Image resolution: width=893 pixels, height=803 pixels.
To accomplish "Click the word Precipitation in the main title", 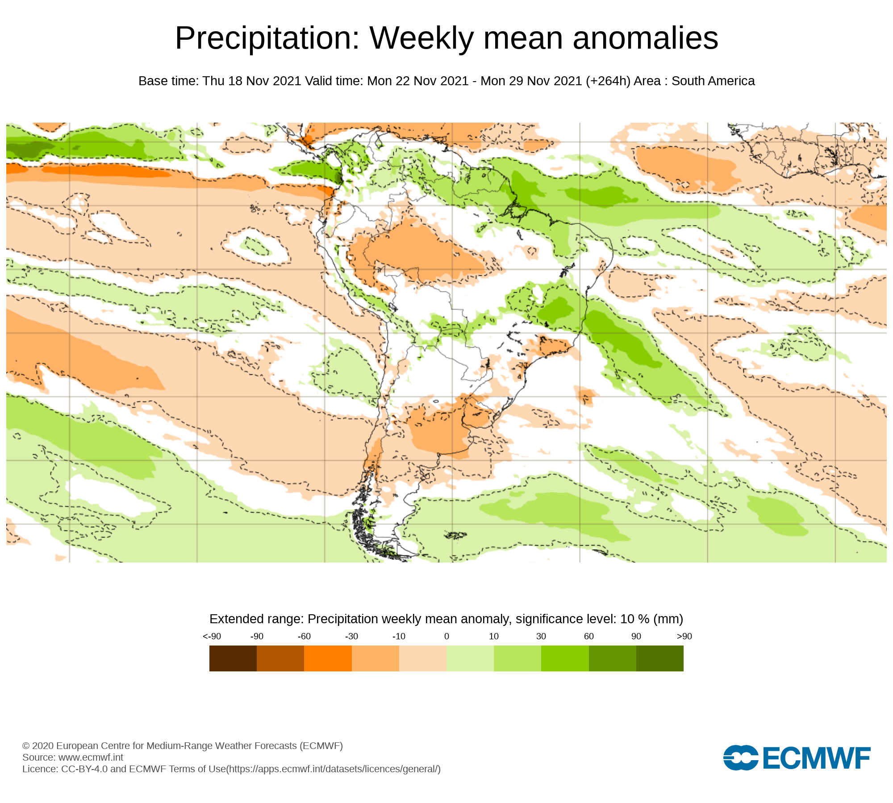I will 267,38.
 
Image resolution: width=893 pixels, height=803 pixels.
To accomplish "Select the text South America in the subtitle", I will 713,81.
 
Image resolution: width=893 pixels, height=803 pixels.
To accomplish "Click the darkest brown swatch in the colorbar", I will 233,658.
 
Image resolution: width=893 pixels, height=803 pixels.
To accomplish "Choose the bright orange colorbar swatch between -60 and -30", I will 328,658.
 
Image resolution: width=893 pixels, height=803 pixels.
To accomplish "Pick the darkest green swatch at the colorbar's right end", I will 659,658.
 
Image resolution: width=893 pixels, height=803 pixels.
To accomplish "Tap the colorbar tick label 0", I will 446,637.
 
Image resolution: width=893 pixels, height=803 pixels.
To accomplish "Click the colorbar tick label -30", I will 351,637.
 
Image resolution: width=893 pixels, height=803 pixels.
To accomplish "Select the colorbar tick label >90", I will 684,637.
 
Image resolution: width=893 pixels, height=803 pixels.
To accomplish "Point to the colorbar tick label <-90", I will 212,637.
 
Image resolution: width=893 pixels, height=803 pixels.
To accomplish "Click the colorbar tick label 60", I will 589,637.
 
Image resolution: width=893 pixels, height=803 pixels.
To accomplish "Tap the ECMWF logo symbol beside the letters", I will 741,757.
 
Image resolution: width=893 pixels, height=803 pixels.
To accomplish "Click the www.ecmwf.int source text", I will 91,757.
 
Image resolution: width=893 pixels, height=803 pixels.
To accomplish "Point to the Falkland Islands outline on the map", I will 456,535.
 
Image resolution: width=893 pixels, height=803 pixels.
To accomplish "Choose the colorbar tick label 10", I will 494,637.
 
